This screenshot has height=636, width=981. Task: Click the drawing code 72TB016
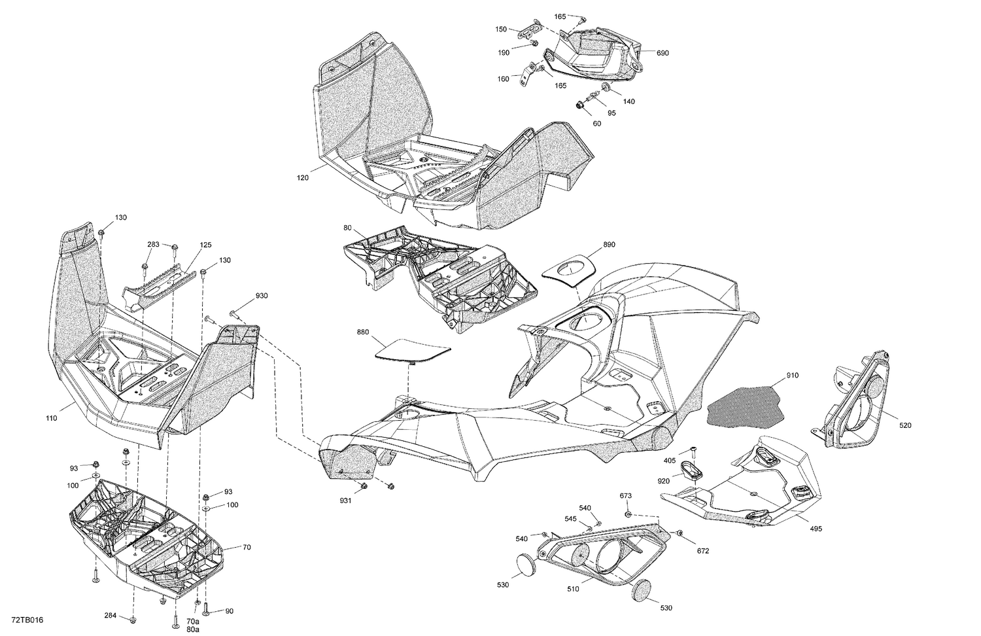23,620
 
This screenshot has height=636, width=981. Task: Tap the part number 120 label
303,178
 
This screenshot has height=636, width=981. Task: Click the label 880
363,332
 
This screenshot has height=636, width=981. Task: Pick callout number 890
609,244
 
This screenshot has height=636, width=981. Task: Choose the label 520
904,426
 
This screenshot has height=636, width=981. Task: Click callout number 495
816,529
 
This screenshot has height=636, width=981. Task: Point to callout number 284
111,616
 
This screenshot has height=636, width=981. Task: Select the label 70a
192,621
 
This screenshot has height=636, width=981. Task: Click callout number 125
206,245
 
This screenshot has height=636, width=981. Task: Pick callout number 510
573,588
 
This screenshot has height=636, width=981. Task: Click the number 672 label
702,551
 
